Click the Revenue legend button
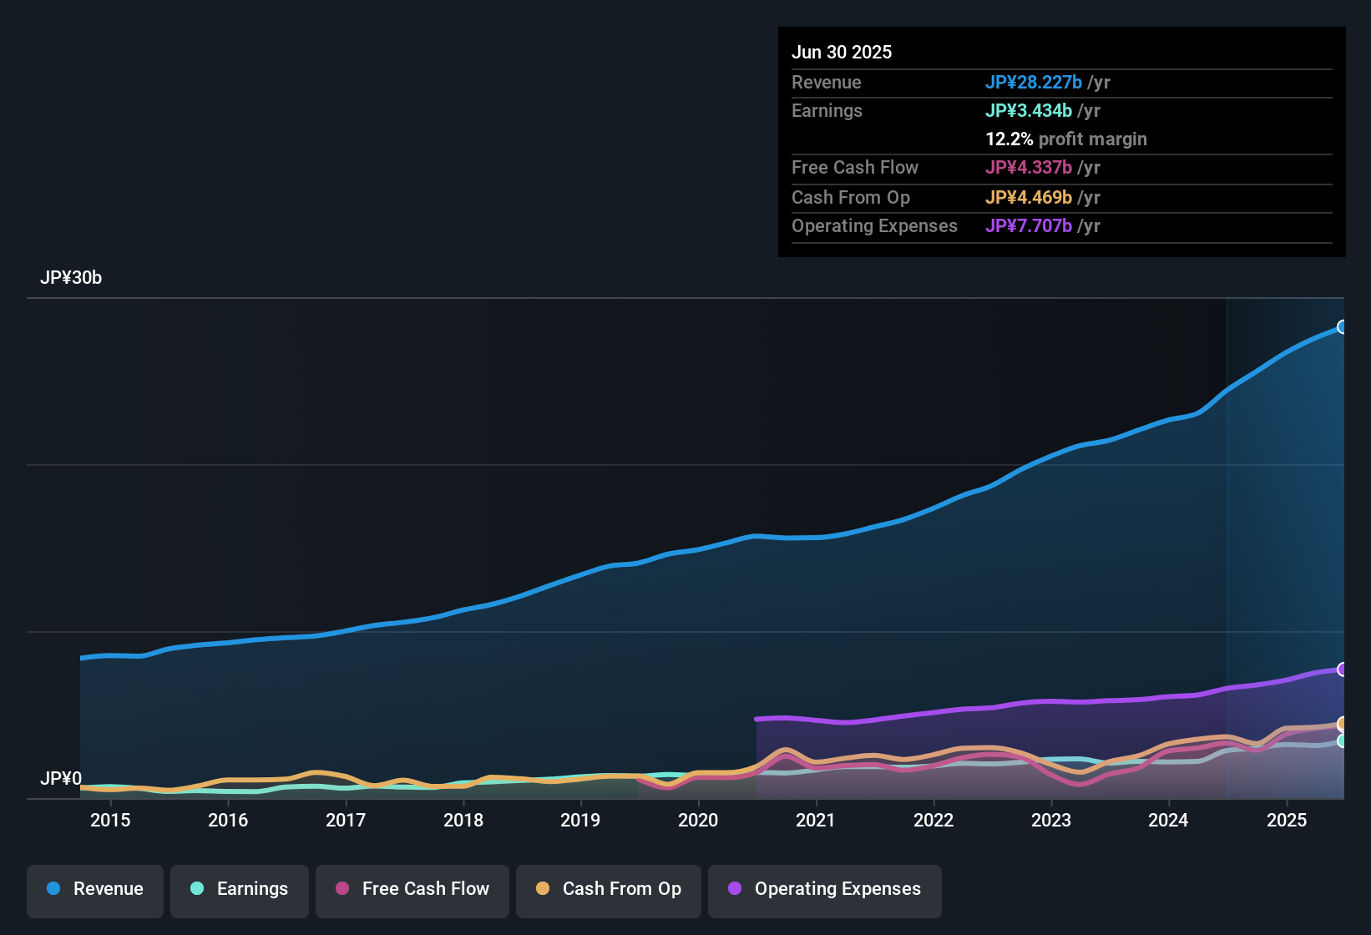pyautogui.click(x=95, y=889)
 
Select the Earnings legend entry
pyautogui.click(x=240, y=889)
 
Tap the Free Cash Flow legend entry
pyautogui.click(x=412, y=889)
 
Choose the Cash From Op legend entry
pyautogui.click(x=609, y=889)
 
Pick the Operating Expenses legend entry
pyautogui.click(x=825, y=889)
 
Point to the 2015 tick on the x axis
pyautogui.click(x=110, y=820)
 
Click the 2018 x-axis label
pyautogui.click(x=463, y=820)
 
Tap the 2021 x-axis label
pyautogui.click(x=816, y=820)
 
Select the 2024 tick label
pyautogui.click(x=1168, y=820)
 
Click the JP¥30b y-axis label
pyautogui.click(x=71, y=278)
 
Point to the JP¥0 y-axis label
pyautogui.click(x=61, y=779)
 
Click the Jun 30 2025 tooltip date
pyautogui.click(x=842, y=52)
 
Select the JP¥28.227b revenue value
pyautogui.click(x=1034, y=82)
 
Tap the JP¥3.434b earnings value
pyautogui.click(x=1029, y=110)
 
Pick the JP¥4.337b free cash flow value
pyautogui.click(x=1029, y=167)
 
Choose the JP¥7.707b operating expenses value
pyautogui.click(x=1029, y=225)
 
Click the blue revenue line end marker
pyautogui.click(x=1343, y=327)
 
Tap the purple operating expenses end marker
pyautogui.click(x=1343, y=670)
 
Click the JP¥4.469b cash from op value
pyautogui.click(x=1029, y=197)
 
